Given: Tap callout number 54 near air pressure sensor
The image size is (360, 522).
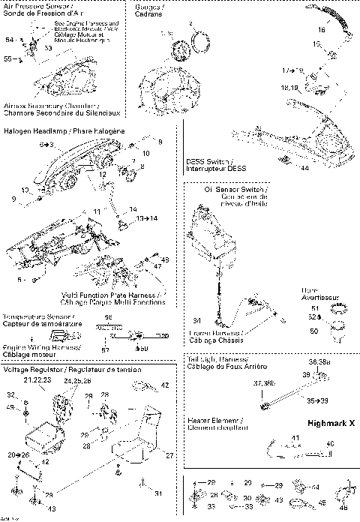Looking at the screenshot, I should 10,39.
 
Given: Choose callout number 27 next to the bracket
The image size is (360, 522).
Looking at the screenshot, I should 169,454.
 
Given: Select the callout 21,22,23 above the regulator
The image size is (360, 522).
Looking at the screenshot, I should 37,381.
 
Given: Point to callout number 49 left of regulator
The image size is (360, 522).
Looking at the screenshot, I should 10,406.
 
